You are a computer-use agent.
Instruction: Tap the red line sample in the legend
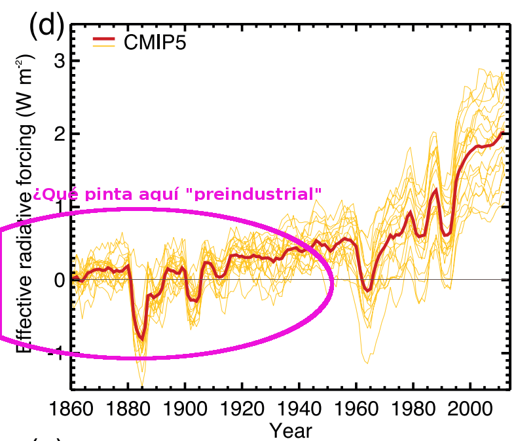103,41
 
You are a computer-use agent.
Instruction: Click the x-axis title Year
291,431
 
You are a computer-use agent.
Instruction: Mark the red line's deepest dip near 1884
141,339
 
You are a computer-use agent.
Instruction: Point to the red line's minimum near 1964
368,290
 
